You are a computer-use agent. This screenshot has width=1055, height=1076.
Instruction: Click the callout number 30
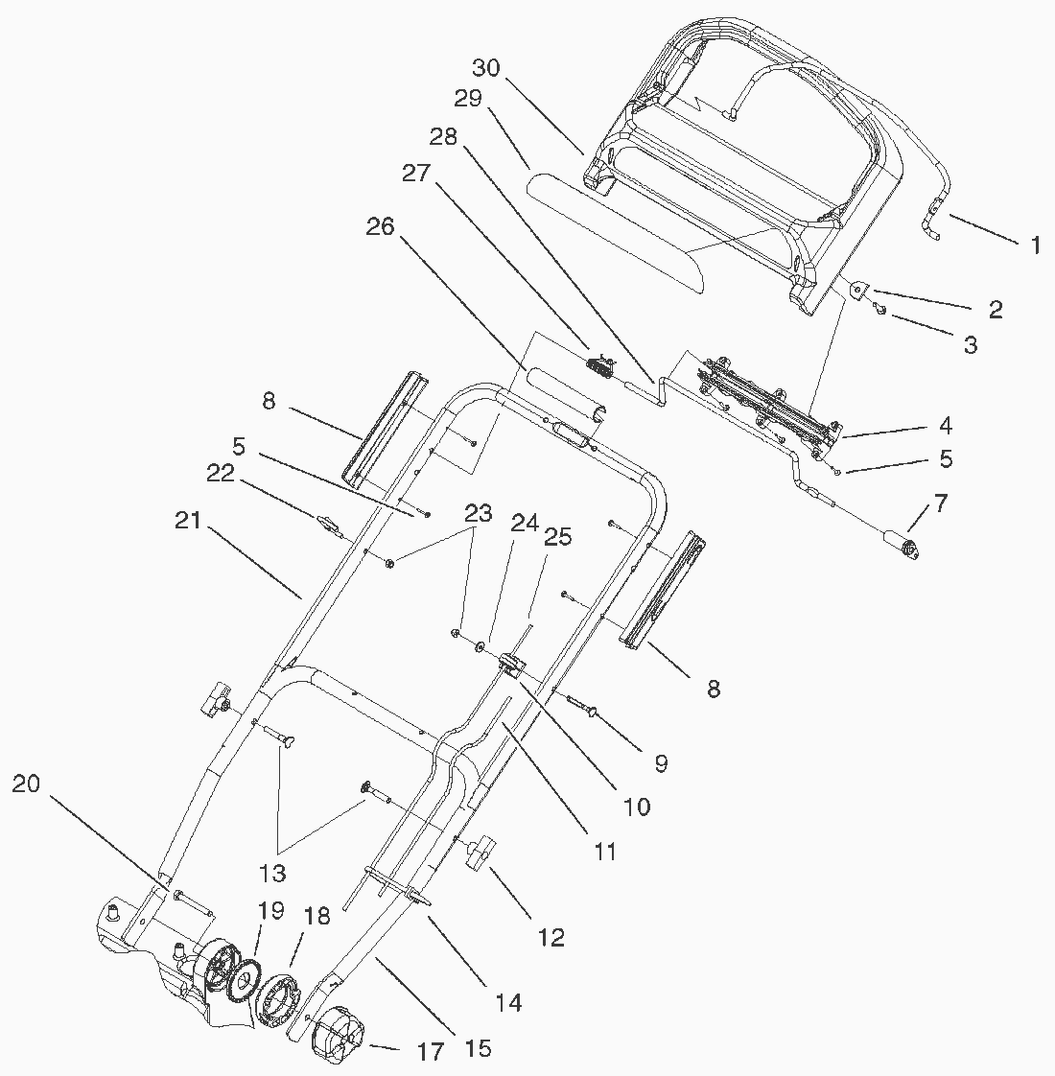coord(487,68)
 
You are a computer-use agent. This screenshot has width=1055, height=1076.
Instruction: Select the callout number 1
coord(1035,246)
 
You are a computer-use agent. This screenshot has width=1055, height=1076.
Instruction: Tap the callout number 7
coord(941,503)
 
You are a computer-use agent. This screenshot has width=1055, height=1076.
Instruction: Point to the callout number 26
coord(381,227)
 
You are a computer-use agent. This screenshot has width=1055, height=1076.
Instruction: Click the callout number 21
coord(189,521)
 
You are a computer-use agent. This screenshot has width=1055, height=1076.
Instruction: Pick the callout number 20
coord(27,784)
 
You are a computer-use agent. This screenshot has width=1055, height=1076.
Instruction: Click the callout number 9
coord(660,763)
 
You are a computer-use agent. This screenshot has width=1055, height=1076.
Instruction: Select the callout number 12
coord(551,937)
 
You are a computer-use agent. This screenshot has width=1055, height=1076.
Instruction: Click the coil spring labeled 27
coord(598,365)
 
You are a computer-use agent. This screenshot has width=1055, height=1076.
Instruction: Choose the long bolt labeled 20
coord(193,901)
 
